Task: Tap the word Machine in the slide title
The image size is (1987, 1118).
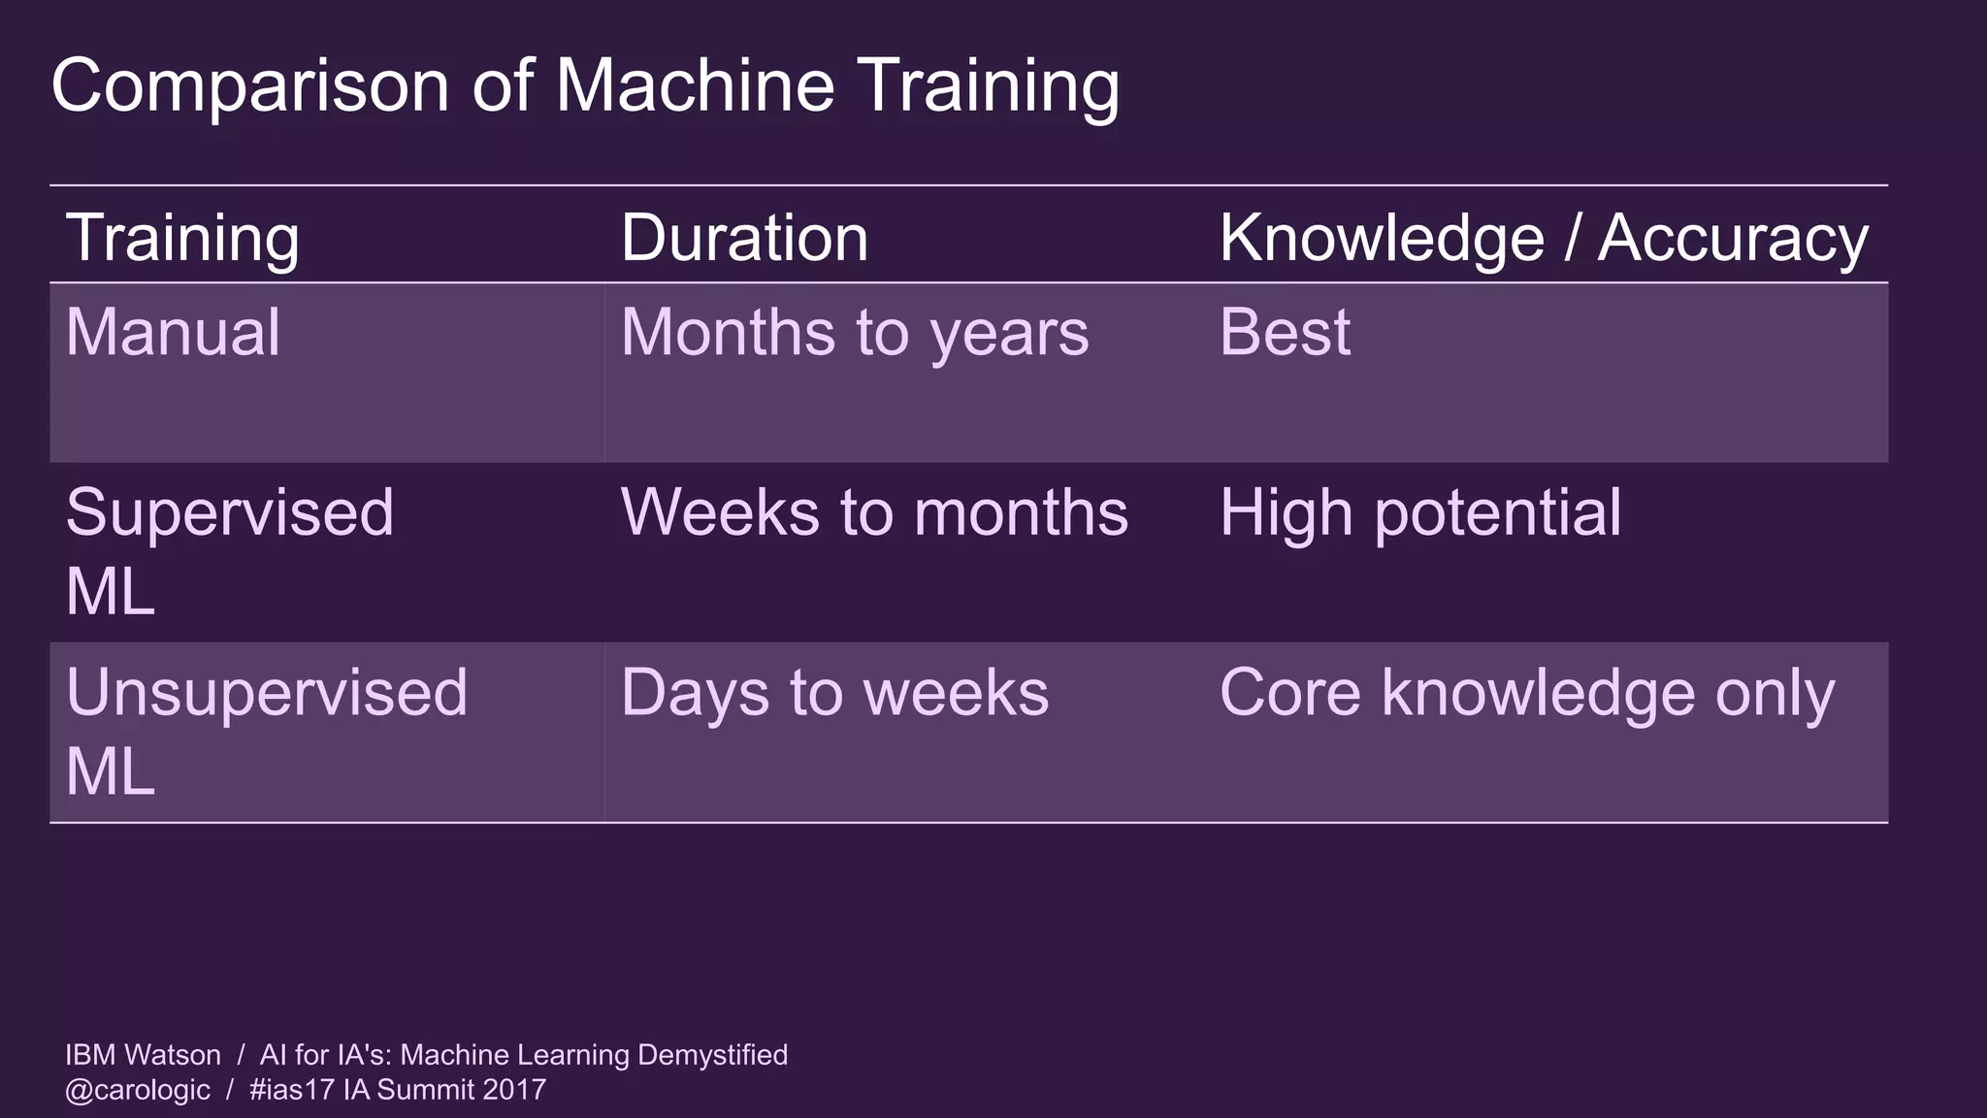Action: pos(694,85)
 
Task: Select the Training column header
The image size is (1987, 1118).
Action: pos(182,239)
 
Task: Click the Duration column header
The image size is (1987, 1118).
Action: pos(744,239)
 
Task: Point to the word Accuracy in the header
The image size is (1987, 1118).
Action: pos(1733,239)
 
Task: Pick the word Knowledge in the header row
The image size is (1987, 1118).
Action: pos(1382,239)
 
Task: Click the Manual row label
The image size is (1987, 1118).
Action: pos(173,333)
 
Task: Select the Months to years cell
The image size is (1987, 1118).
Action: pos(855,333)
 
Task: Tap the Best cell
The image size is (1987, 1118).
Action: pos(1285,333)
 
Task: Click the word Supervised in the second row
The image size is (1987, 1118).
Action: pos(230,512)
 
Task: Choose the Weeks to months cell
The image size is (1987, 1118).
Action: pos(874,512)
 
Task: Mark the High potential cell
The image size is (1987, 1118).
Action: pos(1420,512)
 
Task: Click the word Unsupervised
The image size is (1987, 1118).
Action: pos(267,693)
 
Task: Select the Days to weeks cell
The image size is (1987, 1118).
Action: pos(834,693)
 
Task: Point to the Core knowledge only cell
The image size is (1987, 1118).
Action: pos(1527,693)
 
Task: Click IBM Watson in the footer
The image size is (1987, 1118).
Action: pos(143,1055)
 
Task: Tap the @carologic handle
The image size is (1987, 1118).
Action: pos(137,1090)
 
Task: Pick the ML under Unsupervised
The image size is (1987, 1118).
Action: pos(110,773)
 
